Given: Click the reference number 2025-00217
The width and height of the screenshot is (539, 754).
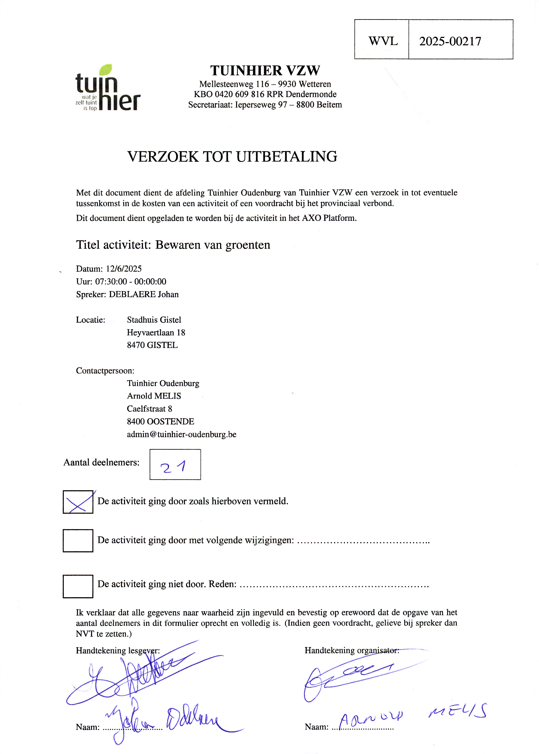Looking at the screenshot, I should (450, 41).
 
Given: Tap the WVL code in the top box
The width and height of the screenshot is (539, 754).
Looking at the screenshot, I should (383, 41).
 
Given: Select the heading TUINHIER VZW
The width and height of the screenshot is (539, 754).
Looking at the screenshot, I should (265, 70).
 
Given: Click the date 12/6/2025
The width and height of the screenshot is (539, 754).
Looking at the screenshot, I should (124, 269).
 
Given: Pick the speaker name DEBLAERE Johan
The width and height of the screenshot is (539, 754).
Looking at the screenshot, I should (144, 294).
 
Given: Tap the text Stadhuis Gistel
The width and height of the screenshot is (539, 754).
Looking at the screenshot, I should (154, 320).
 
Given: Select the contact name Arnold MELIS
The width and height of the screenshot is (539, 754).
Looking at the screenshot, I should (154, 396).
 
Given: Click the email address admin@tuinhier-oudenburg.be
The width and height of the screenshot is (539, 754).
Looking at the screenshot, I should (182, 434).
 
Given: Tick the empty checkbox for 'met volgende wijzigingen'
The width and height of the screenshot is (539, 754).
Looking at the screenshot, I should (78, 540).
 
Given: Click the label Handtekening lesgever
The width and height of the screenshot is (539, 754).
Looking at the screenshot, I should (118, 650).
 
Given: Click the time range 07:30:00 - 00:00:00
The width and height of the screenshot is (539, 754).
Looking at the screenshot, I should (131, 281).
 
